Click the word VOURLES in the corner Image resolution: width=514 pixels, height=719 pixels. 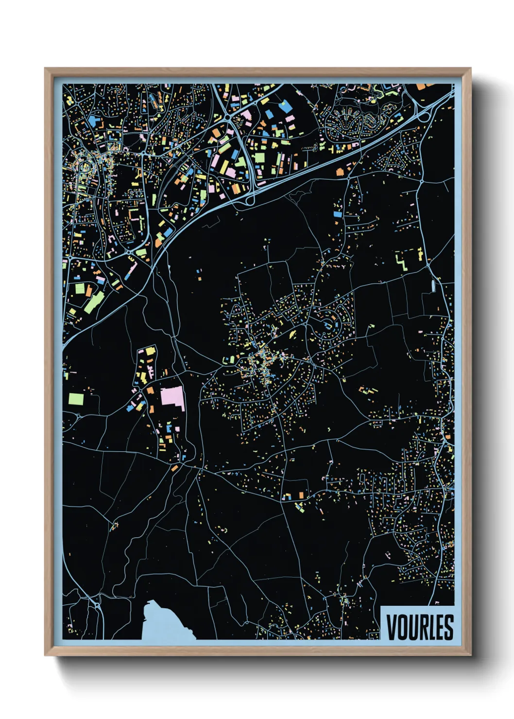[420, 627]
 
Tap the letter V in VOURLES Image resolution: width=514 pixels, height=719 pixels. [392, 627]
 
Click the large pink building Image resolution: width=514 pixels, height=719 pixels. [173, 398]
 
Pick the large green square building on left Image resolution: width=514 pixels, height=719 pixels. [76, 399]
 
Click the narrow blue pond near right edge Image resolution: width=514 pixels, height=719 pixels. [432, 286]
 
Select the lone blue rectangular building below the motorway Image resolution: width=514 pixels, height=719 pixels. [338, 213]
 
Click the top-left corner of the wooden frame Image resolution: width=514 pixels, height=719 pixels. [46, 68]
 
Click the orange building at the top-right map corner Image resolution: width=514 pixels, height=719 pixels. [421, 86]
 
